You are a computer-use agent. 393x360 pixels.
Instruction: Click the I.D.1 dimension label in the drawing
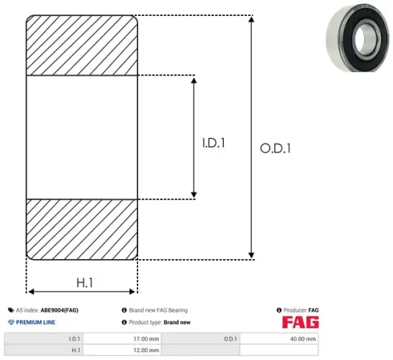tap(213, 143)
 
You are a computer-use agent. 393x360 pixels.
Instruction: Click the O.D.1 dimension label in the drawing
tap(276, 149)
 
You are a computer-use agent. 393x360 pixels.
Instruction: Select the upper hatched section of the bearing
tap(82, 44)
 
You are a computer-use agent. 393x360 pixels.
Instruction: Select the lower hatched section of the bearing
tap(82, 228)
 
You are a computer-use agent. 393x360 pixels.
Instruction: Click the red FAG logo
tap(300, 323)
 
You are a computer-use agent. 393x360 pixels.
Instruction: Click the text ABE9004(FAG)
tap(60, 310)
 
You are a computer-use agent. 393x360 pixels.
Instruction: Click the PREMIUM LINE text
tap(36, 322)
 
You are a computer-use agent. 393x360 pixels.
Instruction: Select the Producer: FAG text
tap(301, 310)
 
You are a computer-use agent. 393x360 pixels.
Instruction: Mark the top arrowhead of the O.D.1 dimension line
tap(250, 18)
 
